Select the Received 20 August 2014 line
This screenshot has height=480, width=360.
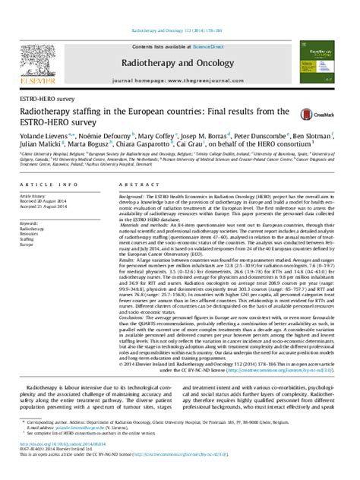coord(46,201)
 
